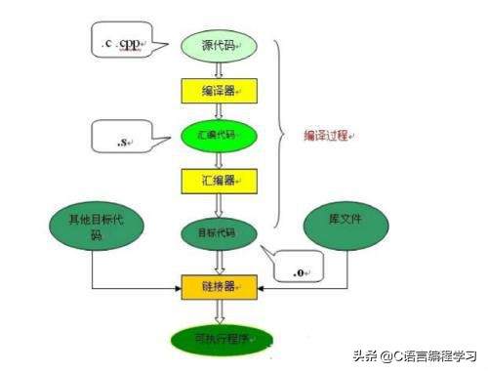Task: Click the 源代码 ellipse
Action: coord(220,45)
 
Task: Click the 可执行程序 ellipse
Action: coord(220,338)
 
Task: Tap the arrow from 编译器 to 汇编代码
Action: coord(220,111)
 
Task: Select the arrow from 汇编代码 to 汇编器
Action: coord(220,156)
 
